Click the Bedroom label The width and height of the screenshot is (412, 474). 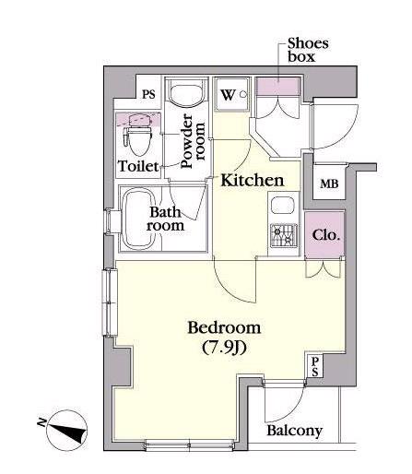coord(224,327)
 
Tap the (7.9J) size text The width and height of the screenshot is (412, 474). coord(225,348)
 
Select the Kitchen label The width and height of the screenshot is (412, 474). coord(253,180)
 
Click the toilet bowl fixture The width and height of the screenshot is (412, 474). coord(138,136)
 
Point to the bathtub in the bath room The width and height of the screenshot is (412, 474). coord(138,219)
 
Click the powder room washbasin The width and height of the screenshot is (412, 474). coord(186,93)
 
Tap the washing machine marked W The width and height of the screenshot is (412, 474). coord(232,94)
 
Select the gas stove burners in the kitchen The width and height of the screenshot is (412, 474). coord(284,236)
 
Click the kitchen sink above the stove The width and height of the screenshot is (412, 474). coord(283,207)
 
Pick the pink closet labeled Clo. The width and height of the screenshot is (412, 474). coord(325,235)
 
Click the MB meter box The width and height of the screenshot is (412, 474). coord(329,184)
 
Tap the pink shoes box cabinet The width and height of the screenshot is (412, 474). coord(278,87)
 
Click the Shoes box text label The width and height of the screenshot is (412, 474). coord(308,50)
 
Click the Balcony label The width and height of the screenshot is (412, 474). coord(294,431)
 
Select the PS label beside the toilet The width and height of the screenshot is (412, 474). coord(148,94)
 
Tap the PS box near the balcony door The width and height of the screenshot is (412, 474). coord(315,367)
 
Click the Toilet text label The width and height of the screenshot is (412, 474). coord(138,166)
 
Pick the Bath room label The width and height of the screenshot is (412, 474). coord(165,219)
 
